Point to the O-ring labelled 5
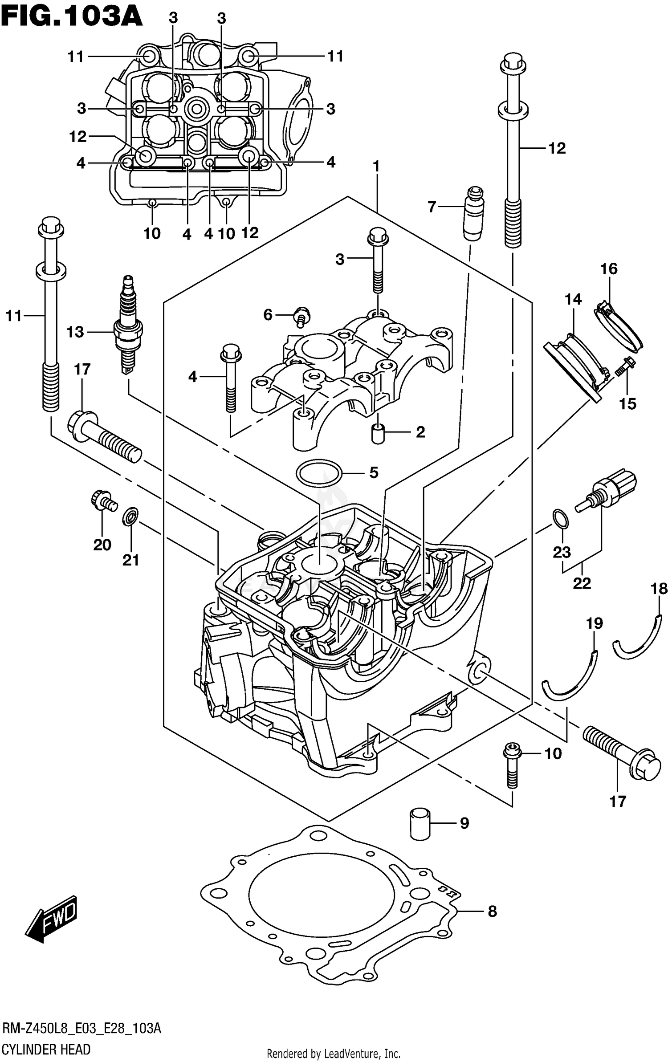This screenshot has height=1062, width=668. pos(319,472)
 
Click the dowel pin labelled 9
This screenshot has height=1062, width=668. pos(419,824)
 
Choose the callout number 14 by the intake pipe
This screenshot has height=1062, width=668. pos(573,299)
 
